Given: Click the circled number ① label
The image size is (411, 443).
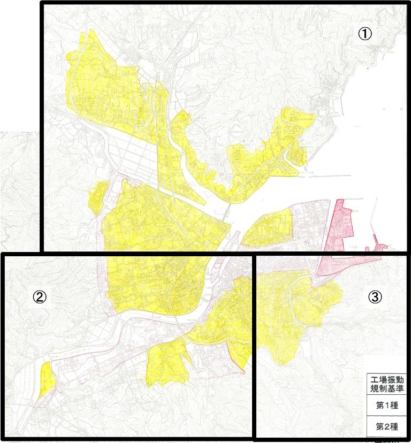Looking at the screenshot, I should (364, 33).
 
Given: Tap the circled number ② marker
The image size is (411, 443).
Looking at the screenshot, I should (41, 297).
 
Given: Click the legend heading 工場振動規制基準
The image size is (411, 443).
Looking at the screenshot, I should (386, 383).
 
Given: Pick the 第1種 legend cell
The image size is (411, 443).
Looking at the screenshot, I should (386, 405).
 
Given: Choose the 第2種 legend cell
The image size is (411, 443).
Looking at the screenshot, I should (386, 427).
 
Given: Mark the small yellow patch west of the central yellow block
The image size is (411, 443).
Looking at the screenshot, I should (97, 196).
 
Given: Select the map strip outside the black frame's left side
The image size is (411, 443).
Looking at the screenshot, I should (19, 187).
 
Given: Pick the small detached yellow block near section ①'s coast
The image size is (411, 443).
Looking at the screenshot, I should (296, 155).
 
